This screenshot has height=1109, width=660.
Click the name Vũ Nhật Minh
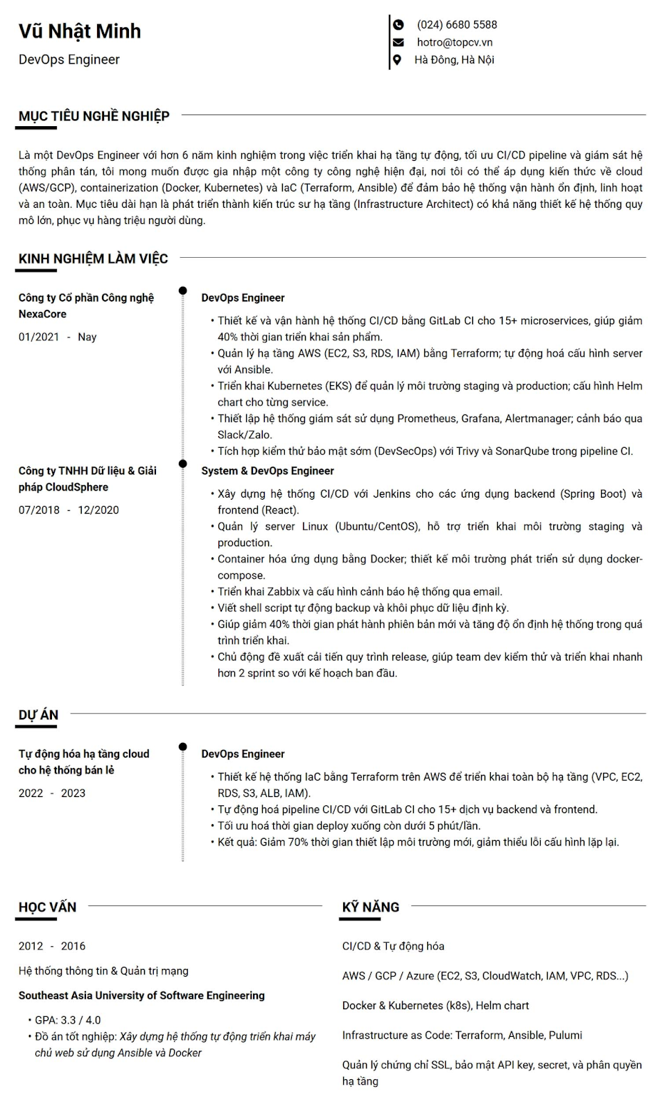[80, 31]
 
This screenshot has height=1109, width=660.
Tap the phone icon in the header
[398, 25]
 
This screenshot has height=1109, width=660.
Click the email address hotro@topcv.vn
[454, 42]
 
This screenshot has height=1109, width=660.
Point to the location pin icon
[397, 60]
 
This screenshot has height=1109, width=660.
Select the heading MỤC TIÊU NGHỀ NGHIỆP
[94, 116]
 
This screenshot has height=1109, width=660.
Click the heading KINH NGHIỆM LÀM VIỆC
[93, 259]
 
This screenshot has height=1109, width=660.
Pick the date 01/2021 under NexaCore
[39, 337]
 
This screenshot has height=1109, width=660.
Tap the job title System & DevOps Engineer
[267, 471]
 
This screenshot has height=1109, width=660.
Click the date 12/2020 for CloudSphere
[98, 510]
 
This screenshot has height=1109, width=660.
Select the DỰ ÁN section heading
[38, 715]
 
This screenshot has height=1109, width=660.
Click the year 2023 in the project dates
[73, 793]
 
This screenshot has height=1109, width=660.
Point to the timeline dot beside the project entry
[182, 747]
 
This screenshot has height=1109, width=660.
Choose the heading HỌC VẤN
[47, 907]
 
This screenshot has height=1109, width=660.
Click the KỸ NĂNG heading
[370, 907]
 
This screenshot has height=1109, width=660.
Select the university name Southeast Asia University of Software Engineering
[141, 995]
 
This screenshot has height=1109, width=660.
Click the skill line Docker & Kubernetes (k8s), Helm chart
[435, 1006]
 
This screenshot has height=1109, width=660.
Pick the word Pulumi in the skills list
[565, 1036]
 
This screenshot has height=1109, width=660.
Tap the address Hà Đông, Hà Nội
[454, 60]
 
